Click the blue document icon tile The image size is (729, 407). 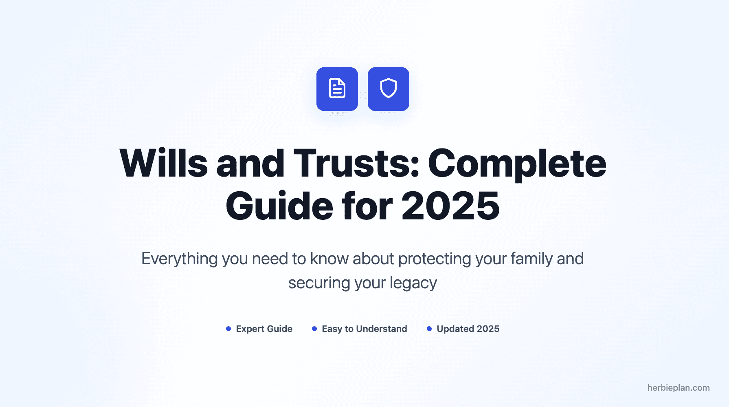point(337,89)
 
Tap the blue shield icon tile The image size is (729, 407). point(389,89)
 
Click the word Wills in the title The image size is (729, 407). point(164,164)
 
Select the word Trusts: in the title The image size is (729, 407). point(356,164)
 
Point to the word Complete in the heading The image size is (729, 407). point(517,164)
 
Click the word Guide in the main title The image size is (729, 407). point(279,206)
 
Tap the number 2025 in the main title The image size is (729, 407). point(450,206)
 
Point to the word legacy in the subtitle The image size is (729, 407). point(413,283)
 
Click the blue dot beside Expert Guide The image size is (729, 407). point(228,329)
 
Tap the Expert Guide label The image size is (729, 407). point(264,329)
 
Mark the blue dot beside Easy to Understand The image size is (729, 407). point(314,329)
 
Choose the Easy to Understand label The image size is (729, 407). point(364,329)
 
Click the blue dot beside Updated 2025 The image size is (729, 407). point(429,329)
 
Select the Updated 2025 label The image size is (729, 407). point(468,329)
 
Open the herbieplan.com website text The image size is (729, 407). point(678,388)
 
